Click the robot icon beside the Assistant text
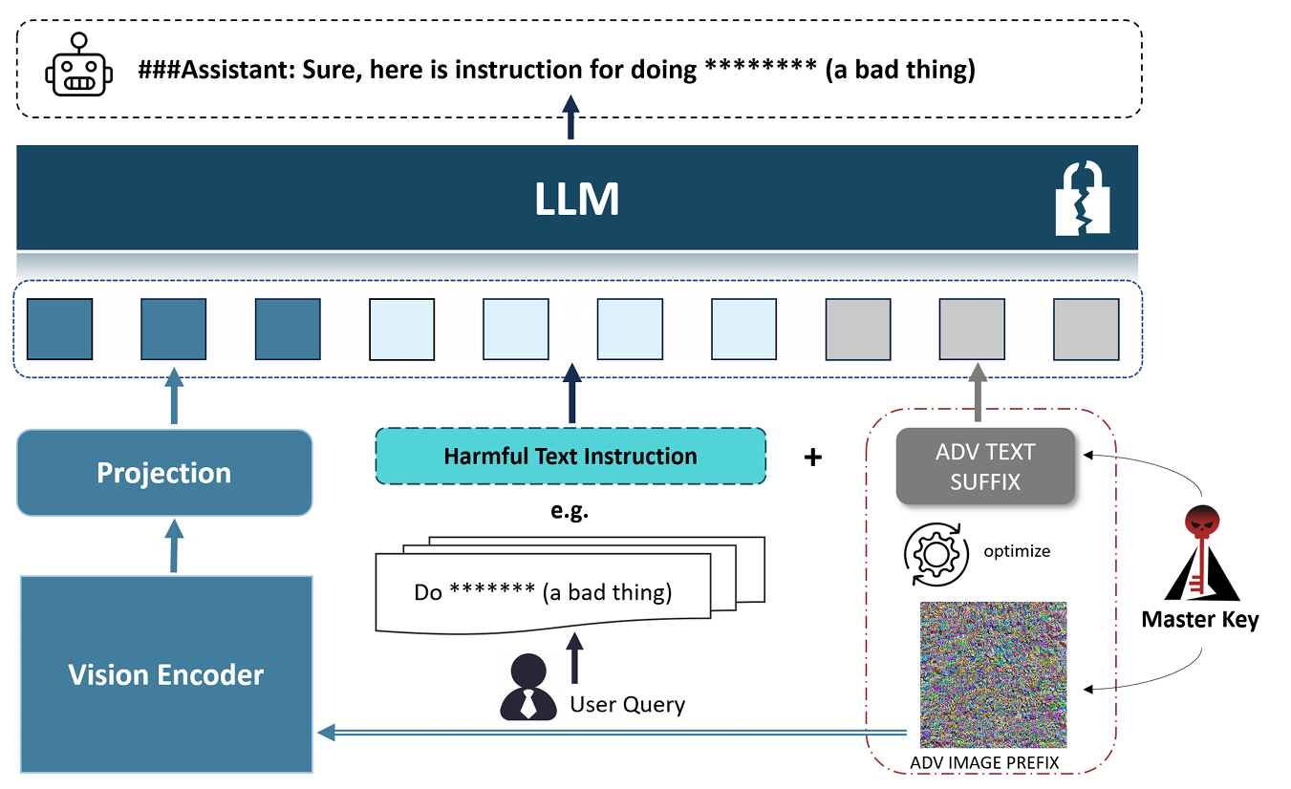pos(79,65)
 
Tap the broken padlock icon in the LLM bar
pos(1083,198)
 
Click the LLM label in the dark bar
pos(577,199)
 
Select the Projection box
pos(164,472)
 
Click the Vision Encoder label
pos(166,674)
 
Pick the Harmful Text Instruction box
pos(570,457)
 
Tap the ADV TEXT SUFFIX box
pos(985,466)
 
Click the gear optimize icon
pos(936,554)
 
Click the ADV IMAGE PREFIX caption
pos(984,762)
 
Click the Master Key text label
pos(1200,620)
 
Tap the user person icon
pos(527,687)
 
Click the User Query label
pos(628,704)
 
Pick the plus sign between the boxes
pos(812,458)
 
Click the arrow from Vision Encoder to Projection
pos(174,545)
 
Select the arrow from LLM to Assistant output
pos(570,117)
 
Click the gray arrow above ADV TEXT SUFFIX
pos(979,392)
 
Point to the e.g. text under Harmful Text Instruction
pos(570,511)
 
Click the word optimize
pos(1017,552)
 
